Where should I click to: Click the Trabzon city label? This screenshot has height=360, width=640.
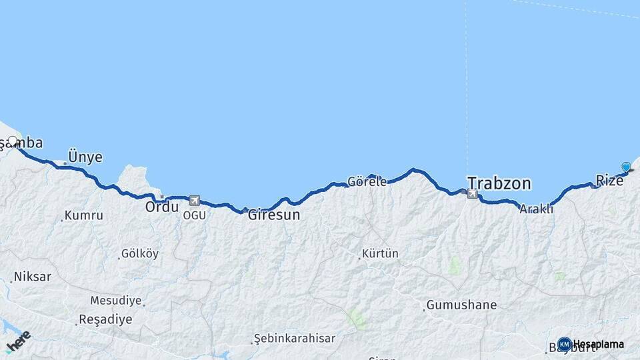499,183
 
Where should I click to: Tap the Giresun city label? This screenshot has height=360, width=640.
274,215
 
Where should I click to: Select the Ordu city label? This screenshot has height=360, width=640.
162,207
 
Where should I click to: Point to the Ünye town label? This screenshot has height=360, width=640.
85,157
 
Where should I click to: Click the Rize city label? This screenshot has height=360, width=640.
609,180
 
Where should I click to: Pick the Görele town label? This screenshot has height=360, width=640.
367,181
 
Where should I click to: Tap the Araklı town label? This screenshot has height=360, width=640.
537,209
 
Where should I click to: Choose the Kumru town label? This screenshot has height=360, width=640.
83,216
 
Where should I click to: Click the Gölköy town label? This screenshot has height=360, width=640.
139,254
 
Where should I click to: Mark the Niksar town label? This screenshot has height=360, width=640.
32,276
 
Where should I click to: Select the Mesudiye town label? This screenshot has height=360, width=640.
116,301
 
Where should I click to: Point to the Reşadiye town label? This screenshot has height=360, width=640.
105,319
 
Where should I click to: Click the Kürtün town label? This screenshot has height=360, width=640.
379,254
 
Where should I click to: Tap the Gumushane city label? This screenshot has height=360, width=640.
461,305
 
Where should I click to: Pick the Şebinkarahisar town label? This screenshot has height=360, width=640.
294,339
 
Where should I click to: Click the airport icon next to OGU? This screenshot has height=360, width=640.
194,200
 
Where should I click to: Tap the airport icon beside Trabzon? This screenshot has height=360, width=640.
473,194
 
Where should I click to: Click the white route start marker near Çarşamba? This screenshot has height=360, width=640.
12,141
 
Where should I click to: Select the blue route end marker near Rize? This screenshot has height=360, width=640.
626,167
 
